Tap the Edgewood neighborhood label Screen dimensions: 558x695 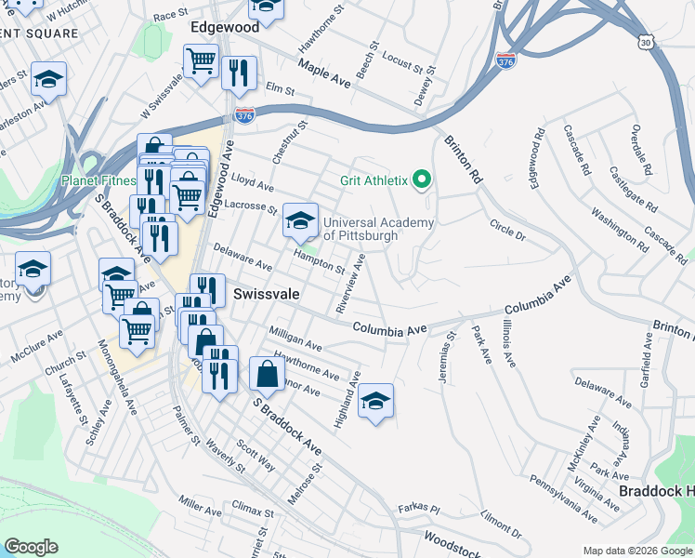point(224,28)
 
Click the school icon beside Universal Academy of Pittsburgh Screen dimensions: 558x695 point(299,221)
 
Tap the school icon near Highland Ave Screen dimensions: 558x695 point(375,402)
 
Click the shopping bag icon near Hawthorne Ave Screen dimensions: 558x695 point(267,375)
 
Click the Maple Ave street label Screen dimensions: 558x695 point(324,74)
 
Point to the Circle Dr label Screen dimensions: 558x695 point(507,231)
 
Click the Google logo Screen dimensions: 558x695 point(31,546)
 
